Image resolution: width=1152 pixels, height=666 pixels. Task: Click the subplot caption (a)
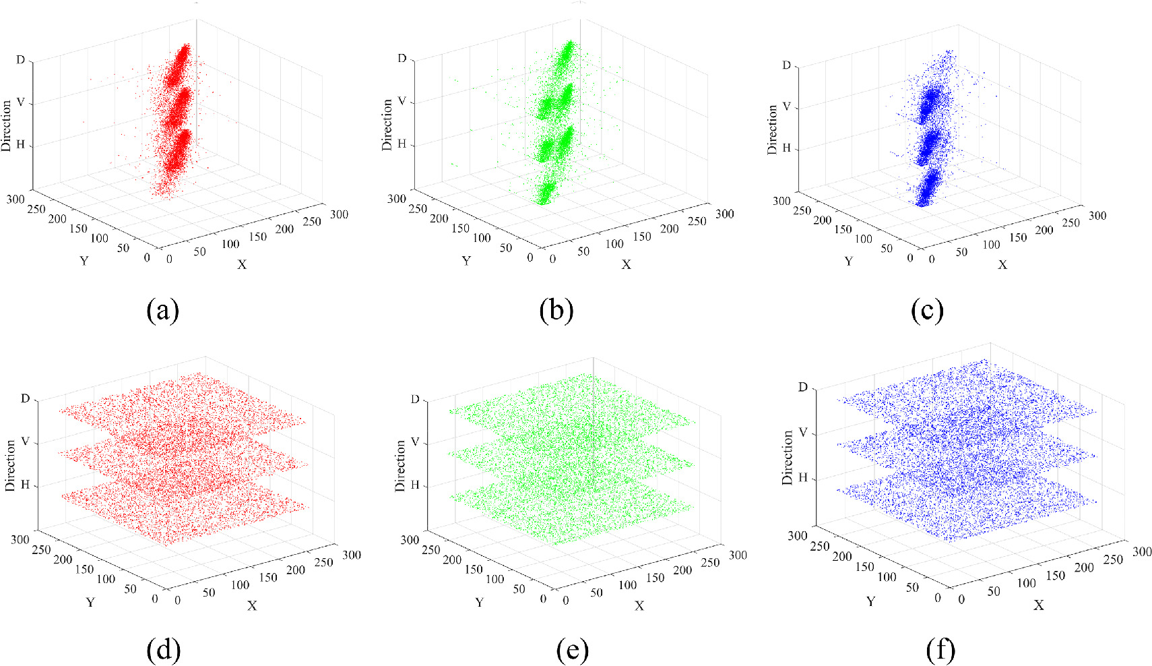pyautogui.click(x=162, y=310)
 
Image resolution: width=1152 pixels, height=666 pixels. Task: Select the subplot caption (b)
pyautogui.click(x=556, y=310)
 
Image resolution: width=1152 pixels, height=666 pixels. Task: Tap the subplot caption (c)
pyautogui.click(x=927, y=310)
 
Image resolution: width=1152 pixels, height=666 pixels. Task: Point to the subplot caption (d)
pyautogui.click(x=163, y=650)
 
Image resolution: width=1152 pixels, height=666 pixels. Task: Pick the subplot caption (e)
pyautogui.click(x=572, y=650)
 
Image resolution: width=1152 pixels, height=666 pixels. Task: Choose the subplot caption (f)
pyautogui.click(x=940, y=650)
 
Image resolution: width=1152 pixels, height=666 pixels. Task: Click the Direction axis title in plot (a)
pyautogui.click(x=7, y=126)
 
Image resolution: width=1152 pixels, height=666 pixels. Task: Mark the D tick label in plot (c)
pyautogui.click(x=786, y=65)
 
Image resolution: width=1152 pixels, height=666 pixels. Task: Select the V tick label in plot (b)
pyautogui.click(x=402, y=102)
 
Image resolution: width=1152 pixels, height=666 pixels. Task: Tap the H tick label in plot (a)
pyautogui.click(x=20, y=145)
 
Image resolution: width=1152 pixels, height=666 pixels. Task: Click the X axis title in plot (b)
pyautogui.click(x=626, y=265)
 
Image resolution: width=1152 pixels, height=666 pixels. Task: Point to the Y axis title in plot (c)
pyautogui.click(x=848, y=261)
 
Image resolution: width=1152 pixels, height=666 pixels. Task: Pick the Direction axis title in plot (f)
pyautogui.click(x=788, y=458)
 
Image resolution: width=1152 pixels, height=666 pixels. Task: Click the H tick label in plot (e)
pyautogui.click(x=415, y=485)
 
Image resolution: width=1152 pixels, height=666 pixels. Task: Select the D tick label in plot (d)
pyautogui.click(x=26, y=398)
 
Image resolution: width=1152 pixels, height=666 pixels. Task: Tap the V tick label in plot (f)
pyautogui.click(x=802, y=433)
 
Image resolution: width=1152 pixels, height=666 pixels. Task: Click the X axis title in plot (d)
pyautogui.click(x=252, y=606)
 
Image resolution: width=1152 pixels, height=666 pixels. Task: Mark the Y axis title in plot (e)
pyautogui.click(x=479, y=602)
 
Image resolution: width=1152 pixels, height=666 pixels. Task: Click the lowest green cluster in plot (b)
pyautogui.click(x=546, y=193)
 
